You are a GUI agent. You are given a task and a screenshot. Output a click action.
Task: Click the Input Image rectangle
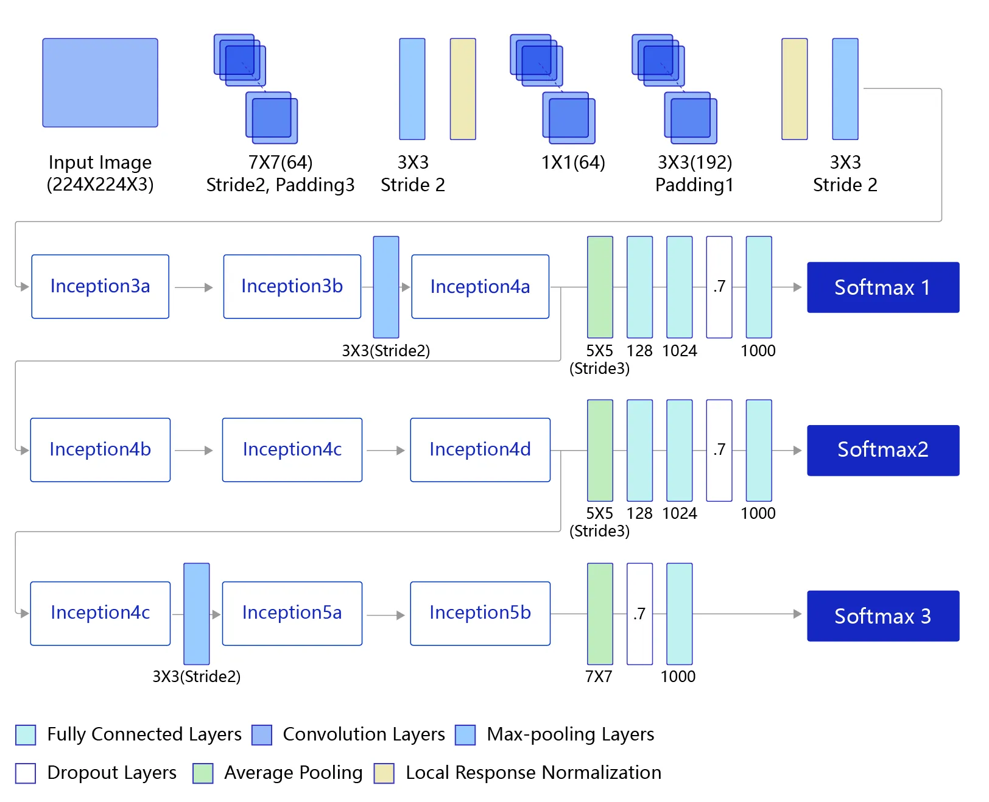tap(100, 83)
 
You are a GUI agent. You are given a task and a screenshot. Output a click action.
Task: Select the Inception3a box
tap(100, 286)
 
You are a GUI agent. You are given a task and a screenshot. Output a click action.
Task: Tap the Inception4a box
tap(480, 286)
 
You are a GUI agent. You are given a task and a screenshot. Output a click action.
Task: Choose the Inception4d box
tap(480, 450)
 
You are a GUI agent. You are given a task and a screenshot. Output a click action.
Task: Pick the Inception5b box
tap(480, 613)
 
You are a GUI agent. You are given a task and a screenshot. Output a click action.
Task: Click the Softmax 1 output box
tap(882, 287)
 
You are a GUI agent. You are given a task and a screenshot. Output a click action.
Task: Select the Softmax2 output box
tap(882, 450)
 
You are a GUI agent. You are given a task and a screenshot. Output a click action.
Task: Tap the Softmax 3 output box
tap(882, 616)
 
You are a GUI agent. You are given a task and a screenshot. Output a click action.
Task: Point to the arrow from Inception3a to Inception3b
tap(194, 287)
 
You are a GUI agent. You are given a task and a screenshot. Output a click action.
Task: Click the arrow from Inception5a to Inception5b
tap(385, 615)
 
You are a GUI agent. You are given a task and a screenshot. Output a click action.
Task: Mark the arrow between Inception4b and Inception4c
tap(194, 450)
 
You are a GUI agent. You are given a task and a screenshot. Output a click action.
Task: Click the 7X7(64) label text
tap(280, 163)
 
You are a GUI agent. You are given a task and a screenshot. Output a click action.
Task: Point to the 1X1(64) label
tap(573, 163)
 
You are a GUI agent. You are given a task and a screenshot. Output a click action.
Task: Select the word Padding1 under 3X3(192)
tap(694, 185)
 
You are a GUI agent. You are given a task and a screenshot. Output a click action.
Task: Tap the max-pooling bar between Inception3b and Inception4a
tap(386, 287)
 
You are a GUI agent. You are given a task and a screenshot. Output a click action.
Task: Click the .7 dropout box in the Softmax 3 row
tap(639, 614)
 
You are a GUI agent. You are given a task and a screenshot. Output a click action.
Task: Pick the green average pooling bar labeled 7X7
tap(600, 614)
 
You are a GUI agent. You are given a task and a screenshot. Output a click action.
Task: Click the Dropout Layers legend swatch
tap(26, 773)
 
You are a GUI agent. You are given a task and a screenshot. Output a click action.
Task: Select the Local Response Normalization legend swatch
tap(384, 773)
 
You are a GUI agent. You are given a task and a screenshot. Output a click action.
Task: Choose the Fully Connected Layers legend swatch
tap(26, 734)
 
